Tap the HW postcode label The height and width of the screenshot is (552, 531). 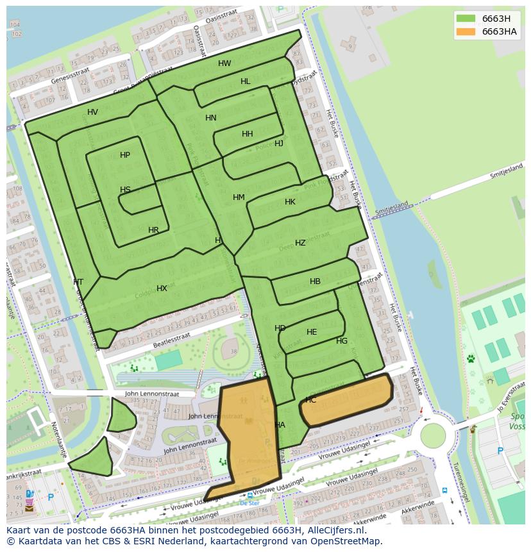(x=224, y=63)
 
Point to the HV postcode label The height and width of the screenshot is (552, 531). (x=93, y=112)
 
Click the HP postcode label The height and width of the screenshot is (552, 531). (x=125, y=155)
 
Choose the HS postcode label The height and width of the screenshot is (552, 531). (x=125, y=190)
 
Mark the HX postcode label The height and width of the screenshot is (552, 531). (x=162, y=289)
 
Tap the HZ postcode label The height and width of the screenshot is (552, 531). (x=300, y=243)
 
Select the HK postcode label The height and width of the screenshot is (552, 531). (x=290, y=202)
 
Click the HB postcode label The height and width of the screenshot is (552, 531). (x=315, y=281)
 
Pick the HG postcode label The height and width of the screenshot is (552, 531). (x=342, y=341)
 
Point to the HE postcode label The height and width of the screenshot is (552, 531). (x=312, y=332)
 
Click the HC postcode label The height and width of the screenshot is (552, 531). (x=310, y=400)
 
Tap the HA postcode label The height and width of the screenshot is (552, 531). (x=280, y=425)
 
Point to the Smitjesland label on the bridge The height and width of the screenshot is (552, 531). (x=392, y=208)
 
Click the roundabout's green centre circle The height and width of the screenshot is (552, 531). (x=433, y=436)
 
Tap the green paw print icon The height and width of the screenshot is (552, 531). (x=471, y=358)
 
